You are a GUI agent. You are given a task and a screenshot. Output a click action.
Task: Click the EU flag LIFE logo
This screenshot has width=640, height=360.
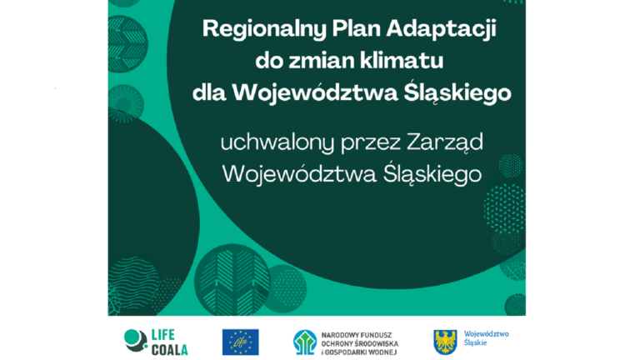coord(240,341)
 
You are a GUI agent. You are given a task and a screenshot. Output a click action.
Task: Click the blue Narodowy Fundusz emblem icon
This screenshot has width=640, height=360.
coord(305,342)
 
